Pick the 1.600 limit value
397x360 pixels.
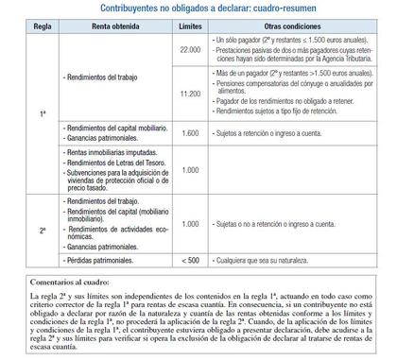click(189, 133)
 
